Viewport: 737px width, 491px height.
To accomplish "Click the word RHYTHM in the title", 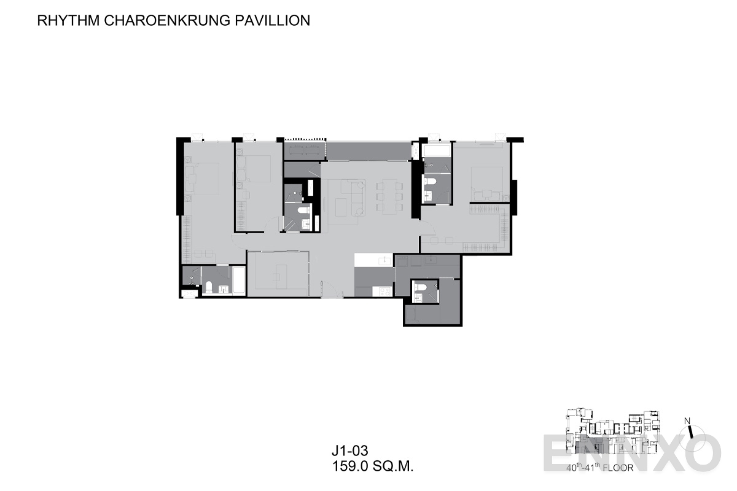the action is (x=68, y=20).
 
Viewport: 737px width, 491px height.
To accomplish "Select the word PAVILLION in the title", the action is (x=273, y=20).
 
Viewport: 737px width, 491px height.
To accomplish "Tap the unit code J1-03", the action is (x=349, y=451).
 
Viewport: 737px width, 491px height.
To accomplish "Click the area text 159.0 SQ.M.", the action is (x=373, y=466).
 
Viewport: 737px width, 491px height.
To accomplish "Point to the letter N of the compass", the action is (x=687, y=421).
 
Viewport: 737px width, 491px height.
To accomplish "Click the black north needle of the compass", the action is (x=690, y=432).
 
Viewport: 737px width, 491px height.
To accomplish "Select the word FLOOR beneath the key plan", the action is (x=618, y=468).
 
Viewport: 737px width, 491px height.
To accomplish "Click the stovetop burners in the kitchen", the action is (x=384, y=291).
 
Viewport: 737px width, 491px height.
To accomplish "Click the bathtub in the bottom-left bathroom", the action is (x=239, y=280).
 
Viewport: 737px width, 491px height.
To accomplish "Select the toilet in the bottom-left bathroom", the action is (x=209, y=287).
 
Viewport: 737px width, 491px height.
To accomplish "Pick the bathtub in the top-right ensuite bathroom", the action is (x=437, y=150).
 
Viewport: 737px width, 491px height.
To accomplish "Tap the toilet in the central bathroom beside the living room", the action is (x=304, y=210).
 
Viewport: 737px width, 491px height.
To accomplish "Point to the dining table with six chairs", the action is (x=389, y=197).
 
